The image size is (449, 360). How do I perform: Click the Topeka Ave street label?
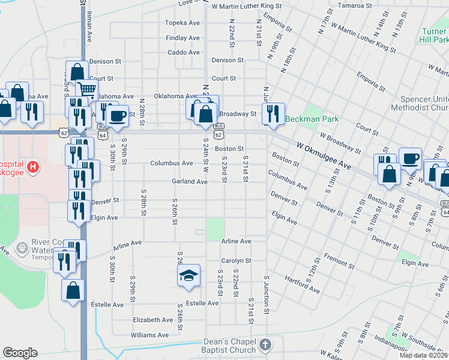[x=183, y=23]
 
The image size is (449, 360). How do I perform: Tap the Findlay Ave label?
[x=183, y=38]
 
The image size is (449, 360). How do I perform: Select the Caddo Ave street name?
[x=184, y=53]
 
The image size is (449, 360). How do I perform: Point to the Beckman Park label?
[x=312, y=119]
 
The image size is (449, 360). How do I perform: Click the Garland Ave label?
[x=189, y=181]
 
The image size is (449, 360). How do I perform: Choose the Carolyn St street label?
[x=235, y=261]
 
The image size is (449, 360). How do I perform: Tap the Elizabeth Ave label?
[x=153, y=320]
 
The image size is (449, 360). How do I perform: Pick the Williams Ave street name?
[x=151, y=335]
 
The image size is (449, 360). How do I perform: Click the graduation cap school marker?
[x=188, y=276]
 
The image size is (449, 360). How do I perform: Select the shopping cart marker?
[x=87, y=91]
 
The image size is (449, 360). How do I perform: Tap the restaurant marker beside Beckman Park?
[x=273, y=113]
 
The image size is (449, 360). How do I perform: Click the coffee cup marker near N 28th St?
[x=118, y=115]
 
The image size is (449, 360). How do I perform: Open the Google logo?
[x=20, y=353]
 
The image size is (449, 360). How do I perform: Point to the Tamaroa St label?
[x=355, y=5]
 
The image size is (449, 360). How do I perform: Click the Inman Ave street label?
[x=89, y=27]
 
